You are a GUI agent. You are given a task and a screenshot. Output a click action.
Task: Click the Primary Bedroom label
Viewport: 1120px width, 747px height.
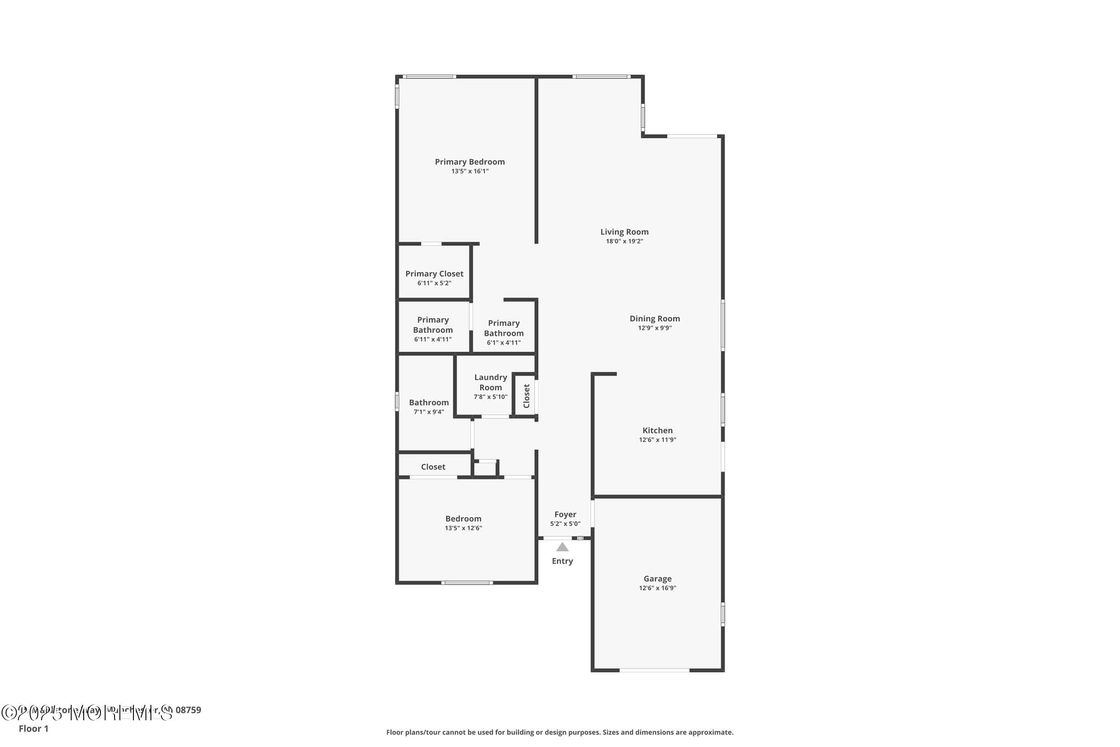(x=470, y=162)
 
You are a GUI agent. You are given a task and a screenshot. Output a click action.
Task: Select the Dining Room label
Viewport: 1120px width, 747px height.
(x=654, y=319)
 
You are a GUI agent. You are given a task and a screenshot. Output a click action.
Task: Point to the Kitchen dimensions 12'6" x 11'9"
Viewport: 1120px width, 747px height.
(x=657, y=440)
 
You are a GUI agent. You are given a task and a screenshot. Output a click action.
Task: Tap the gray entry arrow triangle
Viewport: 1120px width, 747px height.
(x=562, y=547)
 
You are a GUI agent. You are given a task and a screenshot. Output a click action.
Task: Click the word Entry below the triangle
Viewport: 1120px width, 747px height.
(x=562, y=561)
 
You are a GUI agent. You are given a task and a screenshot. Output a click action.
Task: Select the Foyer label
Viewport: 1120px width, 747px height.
(x=565, y=514)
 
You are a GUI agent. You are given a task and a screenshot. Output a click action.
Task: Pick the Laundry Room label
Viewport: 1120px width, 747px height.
(x=491, y=382)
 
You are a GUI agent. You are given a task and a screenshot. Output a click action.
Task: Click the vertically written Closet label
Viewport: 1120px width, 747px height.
(x=526, y=396)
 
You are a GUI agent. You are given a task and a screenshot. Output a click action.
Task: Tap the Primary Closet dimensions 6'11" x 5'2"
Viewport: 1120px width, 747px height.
(x=434, y=283)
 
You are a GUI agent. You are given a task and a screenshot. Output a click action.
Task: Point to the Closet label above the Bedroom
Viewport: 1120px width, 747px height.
(x=433, y=467)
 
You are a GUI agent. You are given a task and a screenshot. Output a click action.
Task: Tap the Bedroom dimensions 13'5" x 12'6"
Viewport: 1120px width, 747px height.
(x=463, y=528)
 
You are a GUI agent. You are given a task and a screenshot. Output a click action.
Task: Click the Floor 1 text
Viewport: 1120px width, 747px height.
(x=33, y=728)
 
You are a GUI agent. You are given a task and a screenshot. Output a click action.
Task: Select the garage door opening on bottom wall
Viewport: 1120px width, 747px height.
(x=654, y=670)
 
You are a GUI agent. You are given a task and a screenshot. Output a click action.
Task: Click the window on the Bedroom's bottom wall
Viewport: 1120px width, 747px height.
(x=467, y=583)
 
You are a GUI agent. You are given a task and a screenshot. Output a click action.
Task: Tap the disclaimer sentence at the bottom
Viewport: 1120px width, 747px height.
(x=559, y=732)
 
